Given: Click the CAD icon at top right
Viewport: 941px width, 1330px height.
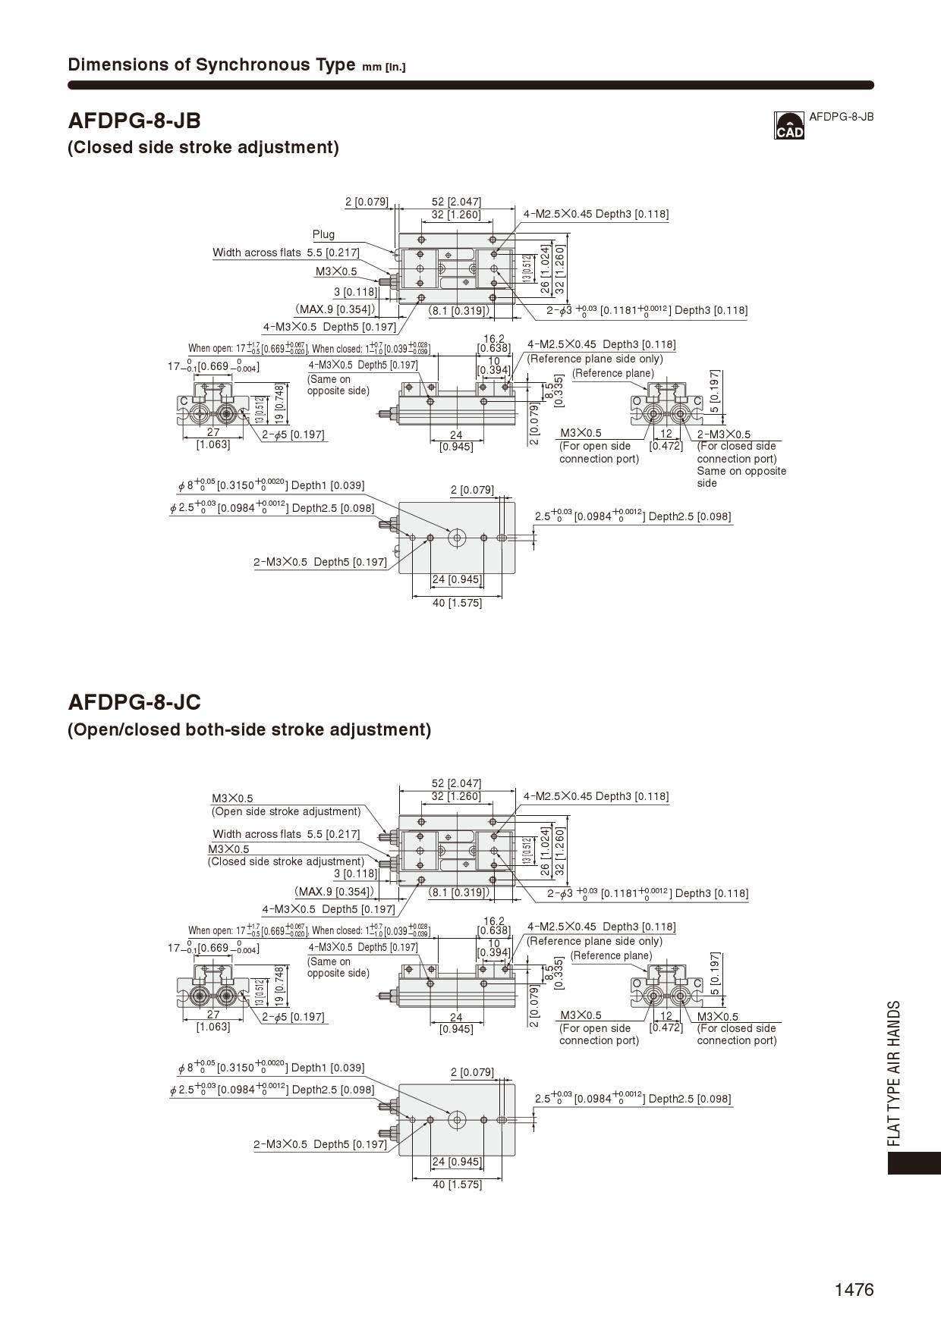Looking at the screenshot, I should click(x=788, y=126).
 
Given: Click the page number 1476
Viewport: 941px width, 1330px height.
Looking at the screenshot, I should click(x=854, y=1290).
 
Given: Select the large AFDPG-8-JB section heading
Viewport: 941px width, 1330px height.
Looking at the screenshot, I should click(x=134, y=121).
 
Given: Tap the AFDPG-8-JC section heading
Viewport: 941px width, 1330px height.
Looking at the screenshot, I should click(x=134, y=702).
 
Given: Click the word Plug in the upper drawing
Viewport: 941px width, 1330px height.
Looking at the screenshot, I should click(x=323, y=234).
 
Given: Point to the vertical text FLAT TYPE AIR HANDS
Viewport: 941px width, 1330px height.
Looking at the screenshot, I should click(x=895, y=1073).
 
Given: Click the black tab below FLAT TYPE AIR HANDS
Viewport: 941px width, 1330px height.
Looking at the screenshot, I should click(x=914, y=1163).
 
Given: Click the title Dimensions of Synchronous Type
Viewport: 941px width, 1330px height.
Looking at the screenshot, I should click(x=211, y=64).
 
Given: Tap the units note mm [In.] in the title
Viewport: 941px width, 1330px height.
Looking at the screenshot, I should click(x=384, y=67).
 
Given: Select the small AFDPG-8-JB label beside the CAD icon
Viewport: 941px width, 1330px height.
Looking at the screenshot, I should click(x=841, y=117).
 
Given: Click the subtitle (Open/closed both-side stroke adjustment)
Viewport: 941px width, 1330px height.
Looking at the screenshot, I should click(x=249, y=729).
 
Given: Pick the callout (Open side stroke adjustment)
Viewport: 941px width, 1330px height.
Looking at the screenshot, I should click(x=286, y=811).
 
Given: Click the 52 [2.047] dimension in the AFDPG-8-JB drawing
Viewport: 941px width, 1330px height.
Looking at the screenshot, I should click(x=456, y=202).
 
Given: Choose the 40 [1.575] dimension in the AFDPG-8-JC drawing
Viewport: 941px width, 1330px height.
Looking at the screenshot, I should click(x=457, y=1184).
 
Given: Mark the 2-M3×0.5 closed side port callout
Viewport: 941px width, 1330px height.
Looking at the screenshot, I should click(x=723, y=434).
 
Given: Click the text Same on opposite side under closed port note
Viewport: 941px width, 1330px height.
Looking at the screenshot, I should click(x=741, y=477).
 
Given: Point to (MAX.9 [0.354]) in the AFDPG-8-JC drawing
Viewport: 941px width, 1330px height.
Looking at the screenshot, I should click(x=335, y=892).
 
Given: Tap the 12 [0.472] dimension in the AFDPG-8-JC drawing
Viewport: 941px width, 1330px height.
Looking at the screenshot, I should click(x=666, y=1021).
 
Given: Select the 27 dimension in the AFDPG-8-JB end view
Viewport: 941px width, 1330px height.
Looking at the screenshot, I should click(x=213, y=433).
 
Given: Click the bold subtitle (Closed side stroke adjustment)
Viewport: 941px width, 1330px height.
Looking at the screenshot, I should click(x=203, y=147).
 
